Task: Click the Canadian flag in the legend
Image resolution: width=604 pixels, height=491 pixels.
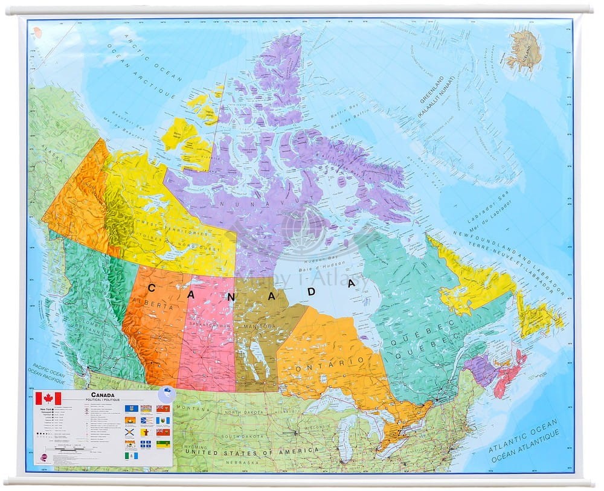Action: [x=48, y=399]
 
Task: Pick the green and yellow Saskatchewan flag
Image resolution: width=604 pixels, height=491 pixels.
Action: [x=163, y=444]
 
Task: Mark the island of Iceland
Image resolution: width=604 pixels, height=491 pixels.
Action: [x=524, y=49]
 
